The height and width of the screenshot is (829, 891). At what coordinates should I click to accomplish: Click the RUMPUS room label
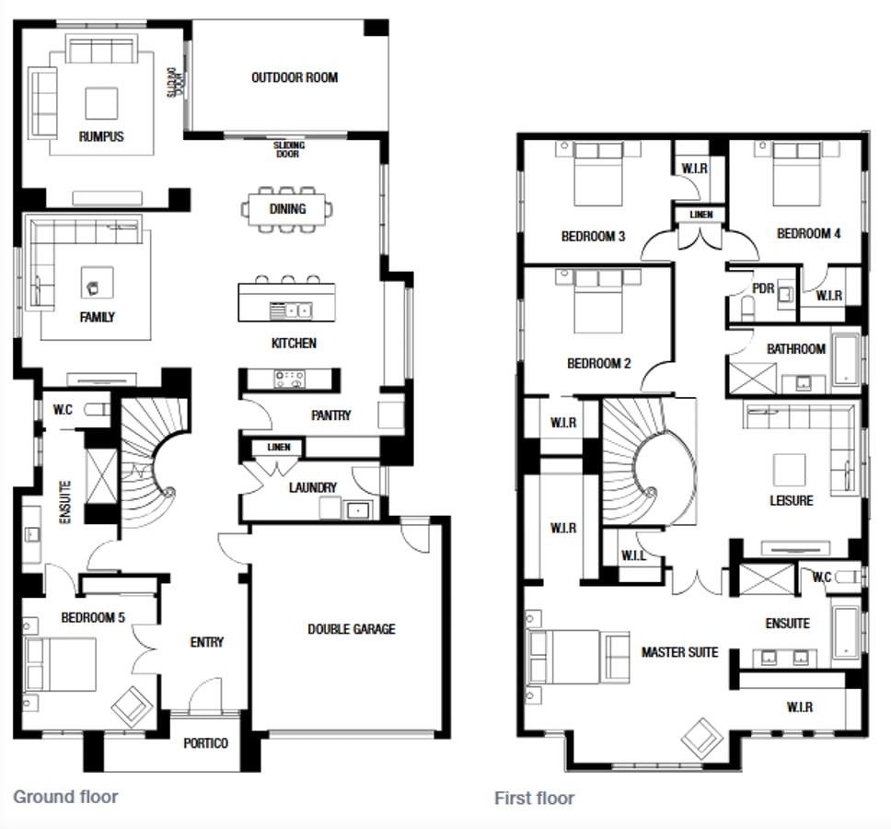[101, 136]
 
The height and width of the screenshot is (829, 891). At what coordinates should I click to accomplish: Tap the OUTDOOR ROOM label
[295, 77]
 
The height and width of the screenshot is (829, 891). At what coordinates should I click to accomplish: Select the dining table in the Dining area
[287, 209]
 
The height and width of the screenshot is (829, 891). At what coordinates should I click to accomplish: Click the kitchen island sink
[292, 309]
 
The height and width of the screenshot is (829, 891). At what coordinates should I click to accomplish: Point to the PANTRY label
[330, 415]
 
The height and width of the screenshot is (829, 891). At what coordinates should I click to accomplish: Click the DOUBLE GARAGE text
[351, 629]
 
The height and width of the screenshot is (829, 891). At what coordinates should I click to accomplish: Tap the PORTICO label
[205, 742]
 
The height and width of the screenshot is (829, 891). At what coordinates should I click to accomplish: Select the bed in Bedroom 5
[60, 664]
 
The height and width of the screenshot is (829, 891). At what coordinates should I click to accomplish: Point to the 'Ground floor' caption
[65, 796]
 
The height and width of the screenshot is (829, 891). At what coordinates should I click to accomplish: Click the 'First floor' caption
[534, 798]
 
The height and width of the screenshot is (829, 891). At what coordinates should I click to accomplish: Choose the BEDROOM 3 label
[593, 237]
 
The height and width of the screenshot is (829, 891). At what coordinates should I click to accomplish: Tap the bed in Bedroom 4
[796, 173]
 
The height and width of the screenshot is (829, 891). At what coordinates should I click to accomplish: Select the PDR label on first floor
[763, 288]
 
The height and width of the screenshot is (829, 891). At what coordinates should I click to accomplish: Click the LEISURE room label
[792, 500]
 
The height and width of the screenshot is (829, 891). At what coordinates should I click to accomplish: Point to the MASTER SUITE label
[679, 652]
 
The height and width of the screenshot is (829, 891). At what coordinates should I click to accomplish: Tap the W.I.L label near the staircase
[632, 555]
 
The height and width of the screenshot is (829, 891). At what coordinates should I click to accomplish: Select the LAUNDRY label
[312, 487]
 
